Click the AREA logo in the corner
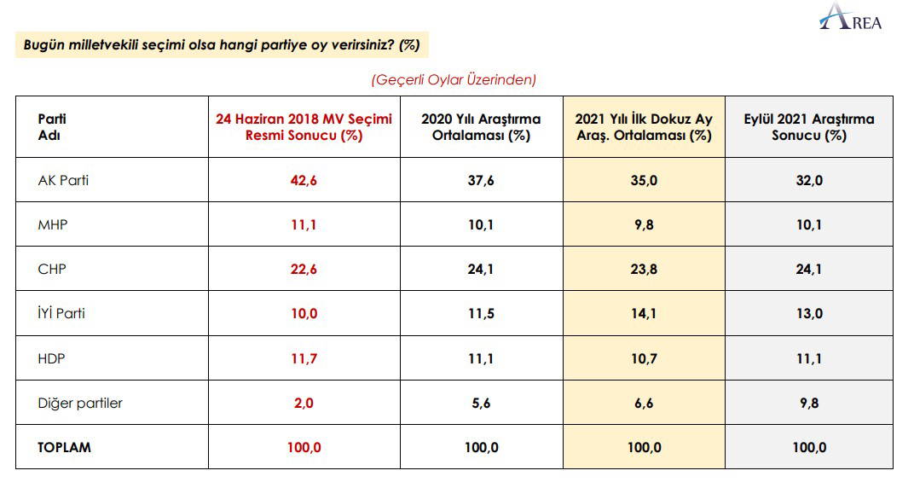pos(851,19)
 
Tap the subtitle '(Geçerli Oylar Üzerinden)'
pos(454,79)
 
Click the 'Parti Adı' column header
pos(52,127)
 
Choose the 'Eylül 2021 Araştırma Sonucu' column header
pos(808,127)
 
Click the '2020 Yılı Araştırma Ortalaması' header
pos(481,127)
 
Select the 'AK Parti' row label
pos(63,180)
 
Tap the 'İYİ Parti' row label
pos(61,313)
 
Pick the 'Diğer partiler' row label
pos(80,403)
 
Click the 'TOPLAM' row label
pos(64,447)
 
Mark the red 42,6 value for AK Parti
pos(304,180)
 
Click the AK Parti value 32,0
pos(808,180)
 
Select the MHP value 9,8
pos(644,224)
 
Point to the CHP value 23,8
pos(644,269)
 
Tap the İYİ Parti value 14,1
pos(644,313)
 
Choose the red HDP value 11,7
pos(304,358)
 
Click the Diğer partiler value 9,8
pos(808,403)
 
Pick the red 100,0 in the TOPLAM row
pos(304,447)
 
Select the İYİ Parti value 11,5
pos(481,313)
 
